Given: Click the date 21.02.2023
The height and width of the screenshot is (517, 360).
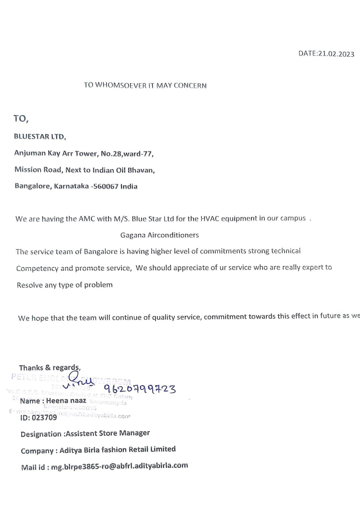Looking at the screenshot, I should [336, 54].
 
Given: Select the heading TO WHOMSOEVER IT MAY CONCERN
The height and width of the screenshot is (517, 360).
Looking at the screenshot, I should [145, 85].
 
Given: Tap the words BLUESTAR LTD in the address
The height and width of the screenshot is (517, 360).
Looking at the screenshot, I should [39, 137].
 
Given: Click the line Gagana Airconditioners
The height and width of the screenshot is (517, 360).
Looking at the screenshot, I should [159, 235].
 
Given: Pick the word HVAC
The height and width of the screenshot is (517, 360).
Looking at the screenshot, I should [210, 219].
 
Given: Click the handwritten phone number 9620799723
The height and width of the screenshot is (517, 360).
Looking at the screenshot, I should [140, 388].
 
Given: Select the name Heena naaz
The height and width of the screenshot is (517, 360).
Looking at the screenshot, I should [66, 401].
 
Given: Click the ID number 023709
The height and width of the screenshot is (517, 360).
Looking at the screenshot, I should [44, 417].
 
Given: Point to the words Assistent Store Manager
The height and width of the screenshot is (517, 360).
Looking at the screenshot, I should [108, 433].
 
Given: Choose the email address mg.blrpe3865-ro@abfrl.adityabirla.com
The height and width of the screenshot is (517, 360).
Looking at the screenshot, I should [119, 466].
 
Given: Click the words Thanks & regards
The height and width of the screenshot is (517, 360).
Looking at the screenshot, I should [49, 368].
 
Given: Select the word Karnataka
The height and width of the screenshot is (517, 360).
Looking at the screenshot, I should [71, 186].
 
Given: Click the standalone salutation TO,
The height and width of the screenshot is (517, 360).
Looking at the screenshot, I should [21, 119].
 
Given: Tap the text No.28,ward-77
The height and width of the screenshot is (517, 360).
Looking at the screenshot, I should [127, 153].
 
